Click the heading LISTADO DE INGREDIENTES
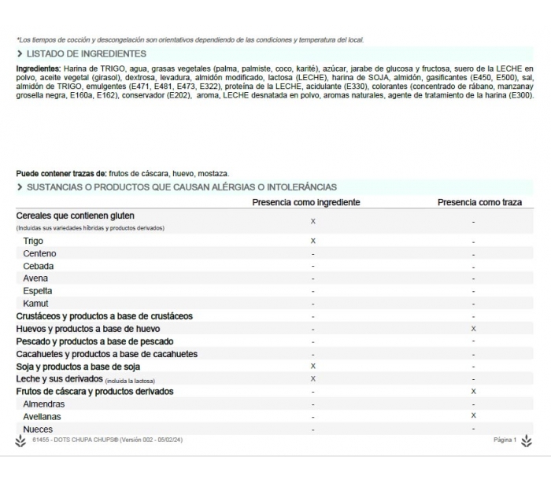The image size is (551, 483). pos(86,53)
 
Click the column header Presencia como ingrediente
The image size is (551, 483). pos(306,202)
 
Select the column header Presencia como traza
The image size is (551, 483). pos(479,202)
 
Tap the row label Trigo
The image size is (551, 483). pos(33,241)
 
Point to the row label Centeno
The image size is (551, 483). pos(39,253)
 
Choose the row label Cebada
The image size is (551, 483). pos(39,266)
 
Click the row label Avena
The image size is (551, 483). pos(35,278)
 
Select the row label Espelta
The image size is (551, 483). pos(38,291)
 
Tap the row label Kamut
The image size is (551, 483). pos(35,304)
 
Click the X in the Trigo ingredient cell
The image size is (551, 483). pos(313,241)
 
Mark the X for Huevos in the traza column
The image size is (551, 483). pos(473,329)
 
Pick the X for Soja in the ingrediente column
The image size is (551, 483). pos(313,367)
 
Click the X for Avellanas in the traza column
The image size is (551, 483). pos(473,415)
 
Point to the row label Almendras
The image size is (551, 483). pos(44,404)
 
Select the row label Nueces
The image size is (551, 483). pos(38,430)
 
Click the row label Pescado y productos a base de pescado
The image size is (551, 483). pos(94,341)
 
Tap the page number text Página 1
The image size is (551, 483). pos(505,441)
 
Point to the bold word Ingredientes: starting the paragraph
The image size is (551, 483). pos(39,69)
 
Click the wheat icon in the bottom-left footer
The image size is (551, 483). pos(20,441)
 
